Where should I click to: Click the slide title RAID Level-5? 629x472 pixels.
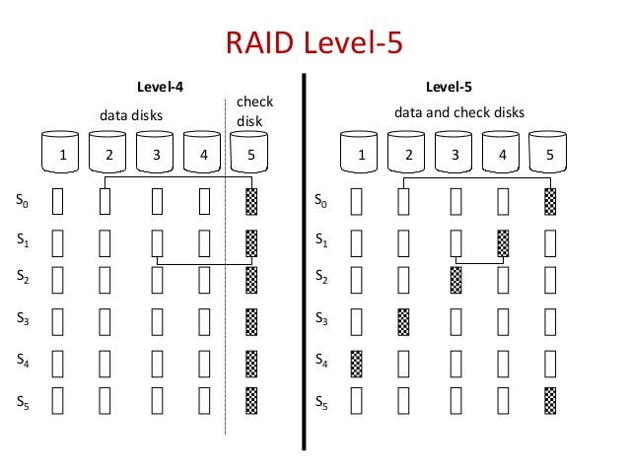pos(314,44)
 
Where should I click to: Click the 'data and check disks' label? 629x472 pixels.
pos(459,112)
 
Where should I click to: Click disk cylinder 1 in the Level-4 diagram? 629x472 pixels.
pos(62,152)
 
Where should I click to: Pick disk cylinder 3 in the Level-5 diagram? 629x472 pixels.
pos(454,152)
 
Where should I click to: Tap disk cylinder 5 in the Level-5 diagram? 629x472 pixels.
pos(548,152)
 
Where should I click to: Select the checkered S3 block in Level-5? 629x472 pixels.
pos(403,320)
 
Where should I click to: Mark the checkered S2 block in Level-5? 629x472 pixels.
pos(454,280)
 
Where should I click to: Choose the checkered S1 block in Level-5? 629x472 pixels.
pos(503,241)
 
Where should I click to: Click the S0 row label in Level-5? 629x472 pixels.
pos(320,202)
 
